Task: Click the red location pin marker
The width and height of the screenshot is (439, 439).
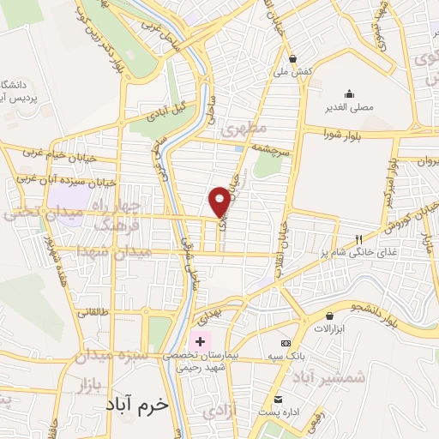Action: tap(219, 201)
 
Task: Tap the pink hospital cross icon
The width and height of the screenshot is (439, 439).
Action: tap(199, 341)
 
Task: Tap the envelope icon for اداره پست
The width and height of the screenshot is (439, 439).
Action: tap(278, 400)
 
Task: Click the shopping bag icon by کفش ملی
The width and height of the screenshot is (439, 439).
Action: tap(293, 60)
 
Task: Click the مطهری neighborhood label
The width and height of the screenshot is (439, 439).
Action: tap(244, 129)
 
